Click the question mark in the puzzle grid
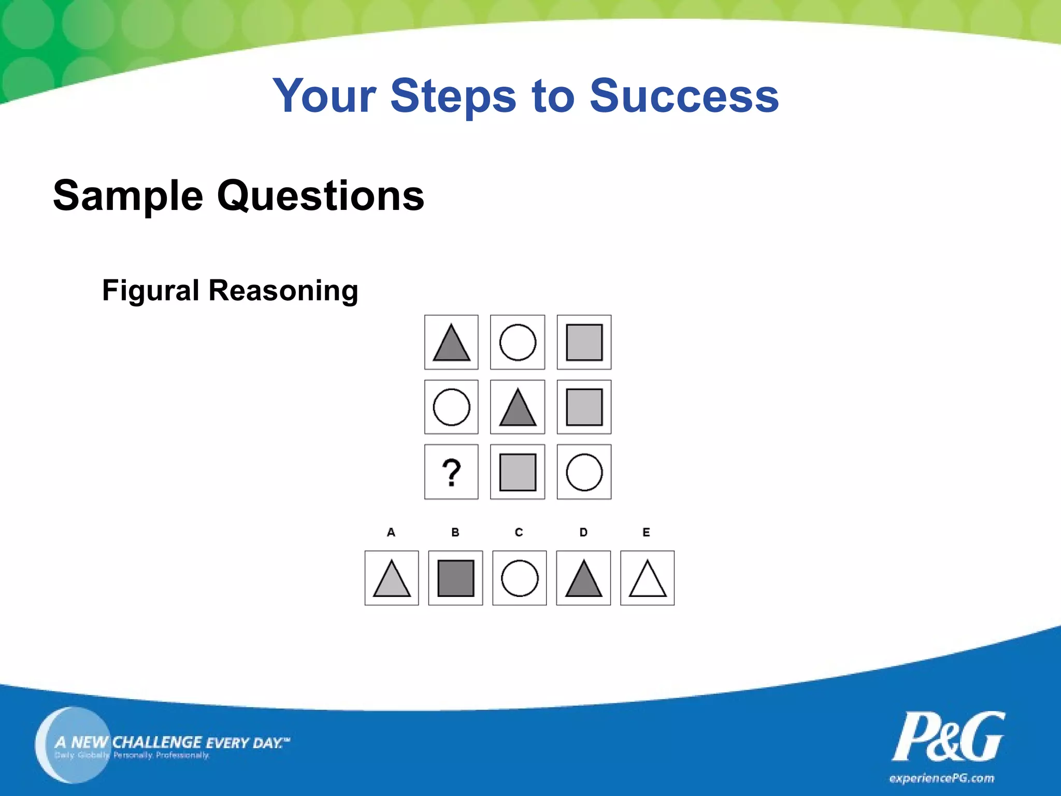point(451,472)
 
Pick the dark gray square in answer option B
point(456,578)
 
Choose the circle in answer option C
point(520,578)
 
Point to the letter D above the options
point(583,532)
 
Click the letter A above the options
point(391,532)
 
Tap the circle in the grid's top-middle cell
point(518,343)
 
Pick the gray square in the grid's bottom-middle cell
point(518,472)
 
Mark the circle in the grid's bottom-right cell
point(584,472)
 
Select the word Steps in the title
point(453,96)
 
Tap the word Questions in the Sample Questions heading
point(321,196)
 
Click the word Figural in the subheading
point(151,290)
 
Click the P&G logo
point(948,737)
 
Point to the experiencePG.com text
point(941,778)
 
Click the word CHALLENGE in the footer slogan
point(157,742)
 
